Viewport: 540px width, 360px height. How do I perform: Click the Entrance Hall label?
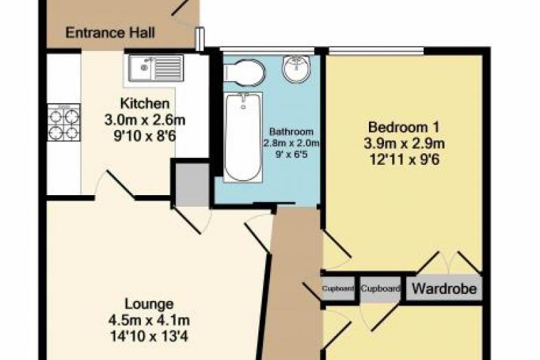click(x=110, y=33)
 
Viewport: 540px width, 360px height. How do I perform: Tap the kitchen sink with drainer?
click(x=156, y=67)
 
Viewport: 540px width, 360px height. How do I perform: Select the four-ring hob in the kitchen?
click(x=64, y=123)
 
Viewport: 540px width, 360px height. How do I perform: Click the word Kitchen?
click(x=145, y=103)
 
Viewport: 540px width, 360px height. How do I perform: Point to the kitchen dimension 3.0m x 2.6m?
click(x=145, y=120)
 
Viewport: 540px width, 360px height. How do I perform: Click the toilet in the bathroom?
click(x=244, y=73)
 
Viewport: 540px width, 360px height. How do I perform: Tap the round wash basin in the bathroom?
click(x=297, y=69)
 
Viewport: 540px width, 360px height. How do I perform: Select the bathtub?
click(x=243, y=137)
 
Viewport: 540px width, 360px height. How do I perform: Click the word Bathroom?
click(x=291, y=131)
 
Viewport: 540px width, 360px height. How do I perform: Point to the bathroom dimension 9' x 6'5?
click(x=291, y=155)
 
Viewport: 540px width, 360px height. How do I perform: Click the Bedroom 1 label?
click(x=403, y=127)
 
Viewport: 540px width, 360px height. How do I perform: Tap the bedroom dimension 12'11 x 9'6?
click(x=404, y=159)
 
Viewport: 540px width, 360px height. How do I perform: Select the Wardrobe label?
click(x=445, y=289)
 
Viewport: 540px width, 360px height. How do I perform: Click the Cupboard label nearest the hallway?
click(x=338, y=289)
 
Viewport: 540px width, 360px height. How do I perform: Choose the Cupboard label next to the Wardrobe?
click(x=381, y=289)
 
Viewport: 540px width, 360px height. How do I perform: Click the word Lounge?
click(x=149, y=304)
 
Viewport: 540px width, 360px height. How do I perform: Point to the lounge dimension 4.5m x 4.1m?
click(x=149, y=320)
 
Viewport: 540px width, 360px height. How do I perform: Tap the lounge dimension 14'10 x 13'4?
click(x=149, y=336)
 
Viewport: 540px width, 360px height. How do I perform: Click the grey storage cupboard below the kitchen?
click(x=192, y=185)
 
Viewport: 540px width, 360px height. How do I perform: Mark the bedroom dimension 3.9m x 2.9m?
click(x=404, y=144)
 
